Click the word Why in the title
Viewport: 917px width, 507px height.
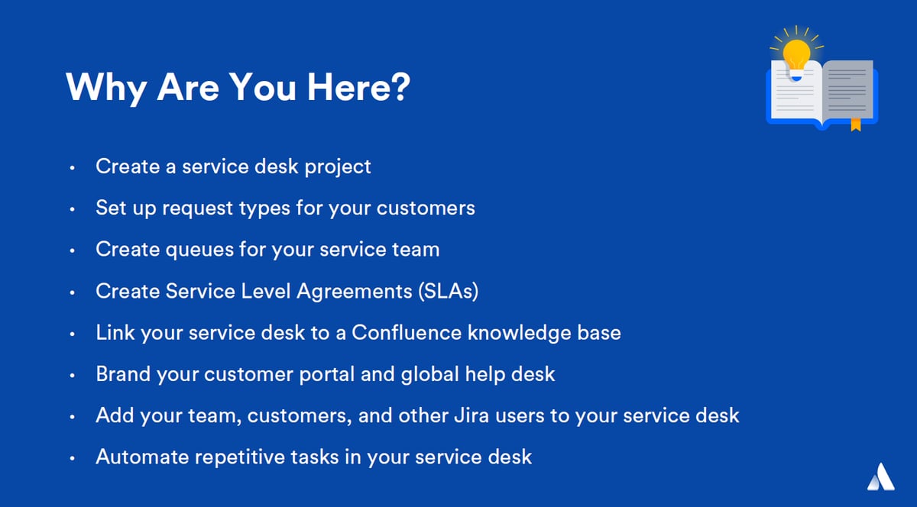106,88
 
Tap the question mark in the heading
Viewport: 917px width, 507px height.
400,86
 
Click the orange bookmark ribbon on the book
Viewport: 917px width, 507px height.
856,124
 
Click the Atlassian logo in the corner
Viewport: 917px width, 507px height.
881,476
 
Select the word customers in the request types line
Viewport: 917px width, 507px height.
426,208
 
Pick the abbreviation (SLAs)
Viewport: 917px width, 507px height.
449,292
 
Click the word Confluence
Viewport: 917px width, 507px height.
407,332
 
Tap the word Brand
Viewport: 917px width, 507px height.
123,374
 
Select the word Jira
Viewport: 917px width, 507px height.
471,415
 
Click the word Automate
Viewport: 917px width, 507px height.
142,457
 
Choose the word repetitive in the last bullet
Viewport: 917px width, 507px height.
240,457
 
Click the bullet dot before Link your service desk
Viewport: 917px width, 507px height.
73,334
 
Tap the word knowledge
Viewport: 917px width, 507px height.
519,333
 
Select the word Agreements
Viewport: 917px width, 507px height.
354,292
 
